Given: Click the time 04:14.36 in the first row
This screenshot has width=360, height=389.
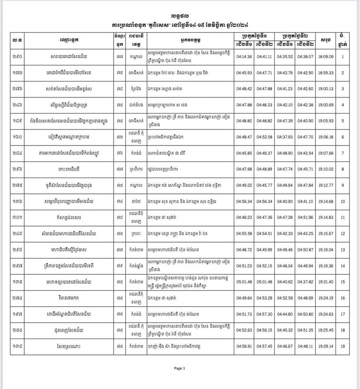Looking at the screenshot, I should pos(244,57).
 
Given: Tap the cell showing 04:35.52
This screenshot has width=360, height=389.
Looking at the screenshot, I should pos(285,57).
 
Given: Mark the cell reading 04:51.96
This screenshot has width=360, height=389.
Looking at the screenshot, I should pos(305,218).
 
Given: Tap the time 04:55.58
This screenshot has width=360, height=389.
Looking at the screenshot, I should pos(244,234).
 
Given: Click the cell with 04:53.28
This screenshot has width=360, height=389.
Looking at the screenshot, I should pos(264,298).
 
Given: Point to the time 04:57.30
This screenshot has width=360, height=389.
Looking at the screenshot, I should pos(264,314).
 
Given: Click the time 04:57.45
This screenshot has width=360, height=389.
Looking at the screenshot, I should pos(264,346).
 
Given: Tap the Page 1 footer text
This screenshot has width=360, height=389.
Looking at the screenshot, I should pos(179,368).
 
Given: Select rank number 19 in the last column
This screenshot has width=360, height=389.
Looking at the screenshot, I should pos(343,346).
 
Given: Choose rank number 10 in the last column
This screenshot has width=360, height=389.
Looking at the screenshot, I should pos(343,201).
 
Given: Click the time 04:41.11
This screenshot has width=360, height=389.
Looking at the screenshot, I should pos(264,57).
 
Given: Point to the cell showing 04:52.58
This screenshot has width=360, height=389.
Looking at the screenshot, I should pos(285,298).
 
